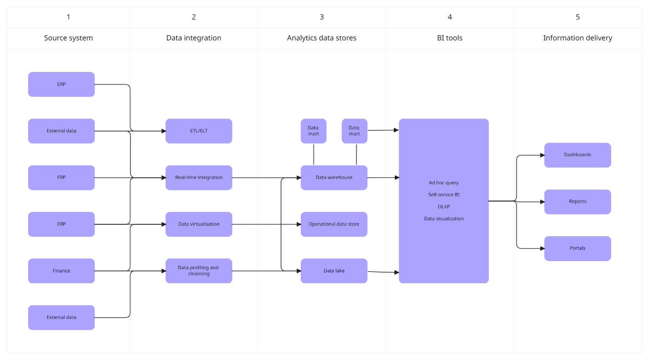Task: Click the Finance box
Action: click(x=61, y=271)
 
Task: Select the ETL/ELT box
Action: click(x=198, y=131)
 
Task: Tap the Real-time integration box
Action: click(x=198, y=177)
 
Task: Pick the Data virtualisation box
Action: click(x=198, y=224)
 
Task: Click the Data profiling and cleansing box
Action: click(x=198, y=271)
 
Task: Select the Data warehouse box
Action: click(x=334, y=177)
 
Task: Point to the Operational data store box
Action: click(x=334, y=224)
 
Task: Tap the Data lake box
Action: click(x=334, y=271)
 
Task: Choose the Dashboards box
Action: click(x=577, y=155)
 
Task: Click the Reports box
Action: click(x=577, y=202)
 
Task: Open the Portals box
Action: click(x=577, y=248)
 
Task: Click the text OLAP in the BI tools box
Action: click(x=443, y=206)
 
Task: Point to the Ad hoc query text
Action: click(x=443, y=183)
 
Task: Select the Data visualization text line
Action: click(x=443, y=219)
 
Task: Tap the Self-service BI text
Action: click(x=443, y=195)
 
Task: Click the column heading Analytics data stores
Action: click(x=321, y=38)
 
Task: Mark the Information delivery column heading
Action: click(x=577, y=38)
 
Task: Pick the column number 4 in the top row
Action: click(x=449, y=17)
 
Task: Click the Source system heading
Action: click(x=68, y=38)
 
